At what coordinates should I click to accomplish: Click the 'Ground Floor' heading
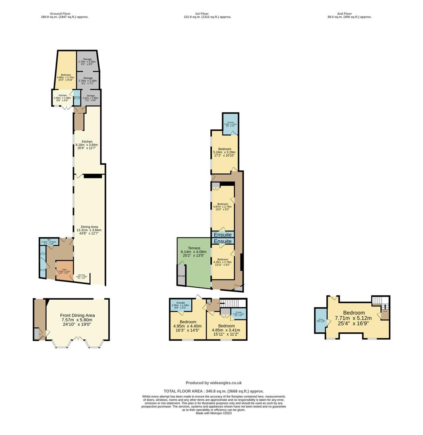point(64,14)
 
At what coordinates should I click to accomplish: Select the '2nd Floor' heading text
point(349,14)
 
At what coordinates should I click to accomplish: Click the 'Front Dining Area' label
point(77,315)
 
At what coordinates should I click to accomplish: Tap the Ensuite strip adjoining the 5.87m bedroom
point(222,234)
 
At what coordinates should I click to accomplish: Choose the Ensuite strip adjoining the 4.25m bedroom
point(222,241)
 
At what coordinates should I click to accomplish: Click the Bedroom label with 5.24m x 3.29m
point(224,149)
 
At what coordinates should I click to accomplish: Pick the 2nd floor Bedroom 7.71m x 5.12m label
point(354,313)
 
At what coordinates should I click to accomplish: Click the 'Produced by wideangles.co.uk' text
point(214,383)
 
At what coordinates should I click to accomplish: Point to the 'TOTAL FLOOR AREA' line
point(214,391)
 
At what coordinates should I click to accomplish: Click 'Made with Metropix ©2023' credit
point(214,413)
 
